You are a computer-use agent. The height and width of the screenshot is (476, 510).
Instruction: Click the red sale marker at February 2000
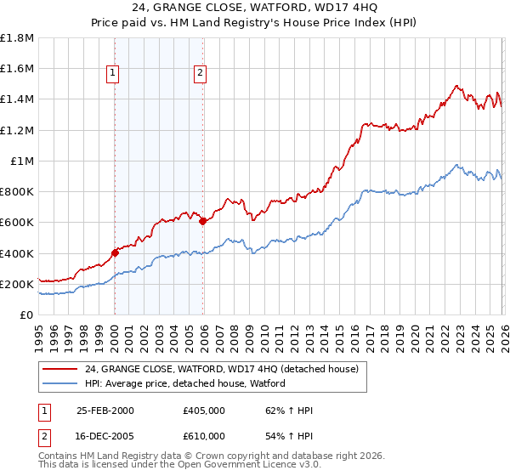(115, 252)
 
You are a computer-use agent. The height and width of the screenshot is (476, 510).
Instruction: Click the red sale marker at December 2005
(203, 221)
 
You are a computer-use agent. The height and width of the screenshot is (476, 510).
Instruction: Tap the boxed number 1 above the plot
(111, 74)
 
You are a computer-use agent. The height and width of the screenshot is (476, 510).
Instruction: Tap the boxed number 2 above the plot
(200, 74)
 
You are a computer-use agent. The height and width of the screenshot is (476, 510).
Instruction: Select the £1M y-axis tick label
(22, 161)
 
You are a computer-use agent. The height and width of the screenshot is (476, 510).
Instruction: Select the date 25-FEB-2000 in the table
(105, 411)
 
